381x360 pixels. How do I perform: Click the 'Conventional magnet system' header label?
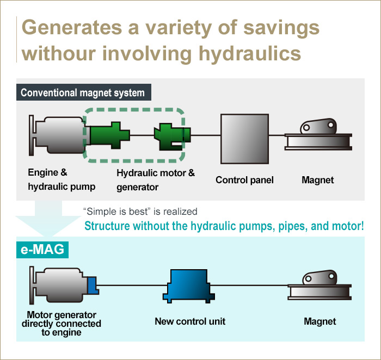click(x=83, y=92)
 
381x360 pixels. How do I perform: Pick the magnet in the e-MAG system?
click(x=319, y=288)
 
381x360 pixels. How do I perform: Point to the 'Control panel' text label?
click(x=244, y=180)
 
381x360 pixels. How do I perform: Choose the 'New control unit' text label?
click(x=190, y=321)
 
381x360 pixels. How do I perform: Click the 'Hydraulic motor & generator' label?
click(x=156, y=180)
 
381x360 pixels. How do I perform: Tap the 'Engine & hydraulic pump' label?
click(x=62, y=179)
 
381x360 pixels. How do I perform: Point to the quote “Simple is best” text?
click(x=115, y=211)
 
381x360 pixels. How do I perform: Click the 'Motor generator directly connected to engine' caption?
click(x=61, y=324)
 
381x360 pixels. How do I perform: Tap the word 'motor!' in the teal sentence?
click(x=346, y=225)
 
